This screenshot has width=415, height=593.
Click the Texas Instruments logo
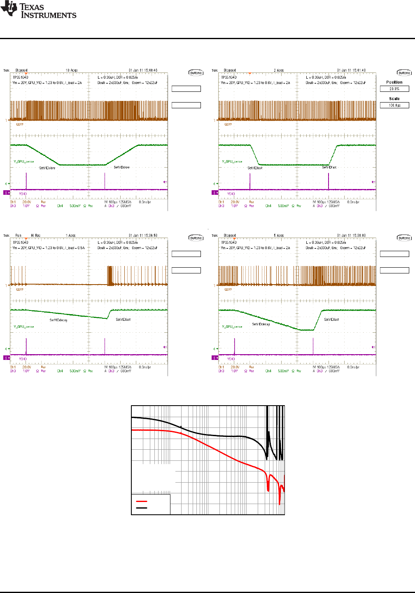(x=38, y=10)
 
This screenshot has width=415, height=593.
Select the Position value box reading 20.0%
(x=394, y=89)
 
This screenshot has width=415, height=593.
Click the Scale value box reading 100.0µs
(x=394, y=105)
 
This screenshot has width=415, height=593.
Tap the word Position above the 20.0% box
(x=394, y=82)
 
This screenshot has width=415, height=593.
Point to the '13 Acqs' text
(x=72, y=70)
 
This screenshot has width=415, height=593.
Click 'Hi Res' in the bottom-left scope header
(x=35, y=236)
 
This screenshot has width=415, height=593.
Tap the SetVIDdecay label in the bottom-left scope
(x=58, y=320)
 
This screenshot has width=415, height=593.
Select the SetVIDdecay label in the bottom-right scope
(x=261, y=324)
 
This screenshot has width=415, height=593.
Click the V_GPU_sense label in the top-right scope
(x=232, y=161)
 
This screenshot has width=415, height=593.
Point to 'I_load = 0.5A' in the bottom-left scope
(x=75, y=248)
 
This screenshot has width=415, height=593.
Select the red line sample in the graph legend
(x=142, y=501)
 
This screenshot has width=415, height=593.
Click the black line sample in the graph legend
(x=142, y=508)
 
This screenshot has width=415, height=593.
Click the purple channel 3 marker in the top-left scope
(x=7, y=192)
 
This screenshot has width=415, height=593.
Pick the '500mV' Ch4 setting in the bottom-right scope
(x=283, y=371)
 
